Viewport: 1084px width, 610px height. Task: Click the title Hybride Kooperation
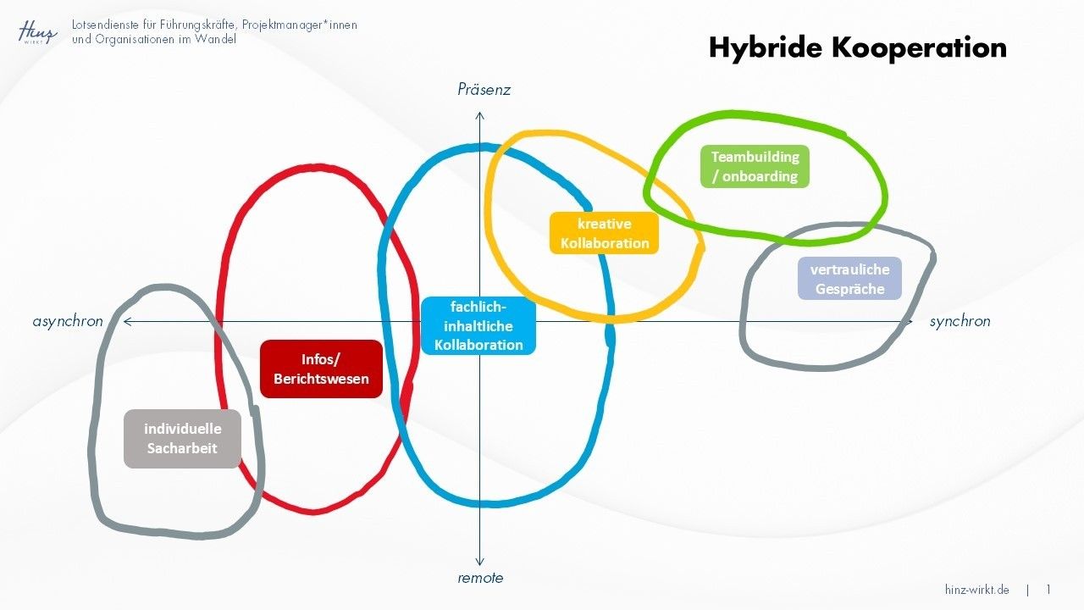[x=857, y=47]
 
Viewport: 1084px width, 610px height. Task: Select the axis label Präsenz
[x=484, y=90]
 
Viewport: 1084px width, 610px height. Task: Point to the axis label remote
[x=480, y=578]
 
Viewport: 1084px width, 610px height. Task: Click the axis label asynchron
[x=68, y=321]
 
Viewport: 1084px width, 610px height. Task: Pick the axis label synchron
[x=960, y=321]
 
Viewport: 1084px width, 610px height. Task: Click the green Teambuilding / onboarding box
[x=755, y=167]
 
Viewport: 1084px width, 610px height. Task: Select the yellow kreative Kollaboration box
[x=604, y=233]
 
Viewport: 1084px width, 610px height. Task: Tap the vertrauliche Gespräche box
[x=849, y=279]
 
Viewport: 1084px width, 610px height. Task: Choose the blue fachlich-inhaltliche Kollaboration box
[x=478, y=325]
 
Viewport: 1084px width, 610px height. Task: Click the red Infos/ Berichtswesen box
[x=321, y=369]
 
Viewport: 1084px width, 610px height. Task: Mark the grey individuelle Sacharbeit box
[x=182, y=439]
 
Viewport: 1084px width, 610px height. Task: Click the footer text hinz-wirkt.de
[x=976, y=590]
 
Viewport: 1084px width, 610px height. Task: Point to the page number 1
[x=1048, y=590]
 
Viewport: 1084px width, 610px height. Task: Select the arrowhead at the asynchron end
[x=127, y=321]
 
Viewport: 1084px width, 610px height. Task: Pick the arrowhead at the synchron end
[x=910, y=321]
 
